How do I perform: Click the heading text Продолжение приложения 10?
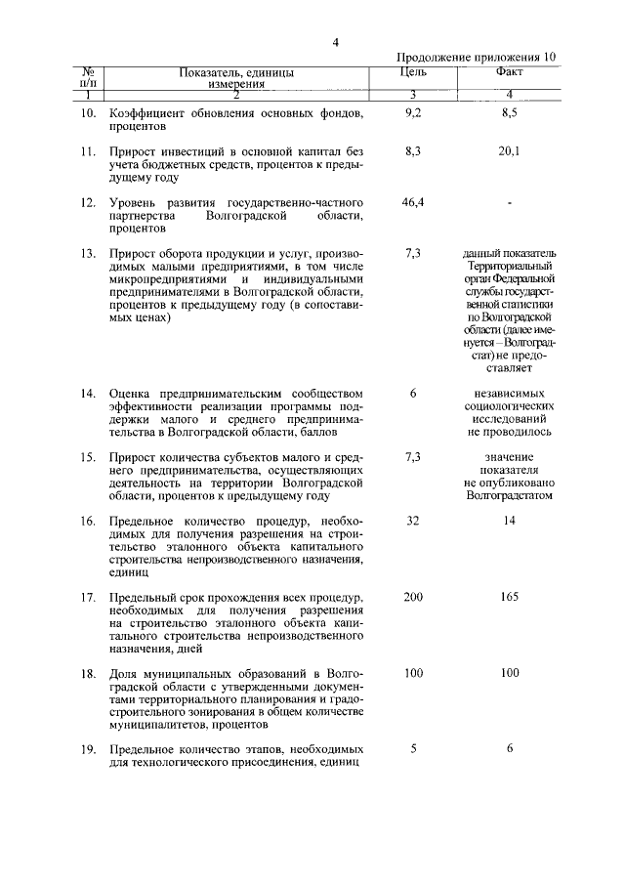coord(478,58)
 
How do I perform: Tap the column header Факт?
coord(508,72)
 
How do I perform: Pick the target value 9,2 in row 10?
coord(412,114)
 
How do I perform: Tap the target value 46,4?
coord(412,201)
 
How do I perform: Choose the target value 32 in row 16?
coord(412,521)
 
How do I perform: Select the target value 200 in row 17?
coord(412,597)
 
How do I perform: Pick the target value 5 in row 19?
coord(413,749)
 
